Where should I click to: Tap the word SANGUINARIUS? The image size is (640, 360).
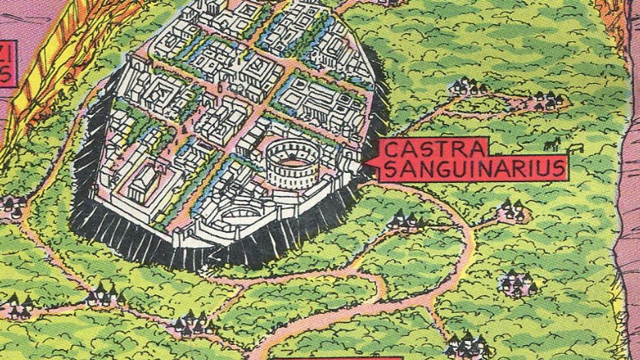(x=473, y=169)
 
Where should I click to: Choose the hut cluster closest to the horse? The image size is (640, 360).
(x=545, y=101)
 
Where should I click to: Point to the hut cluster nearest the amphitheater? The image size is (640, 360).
(x=403, y=222)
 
